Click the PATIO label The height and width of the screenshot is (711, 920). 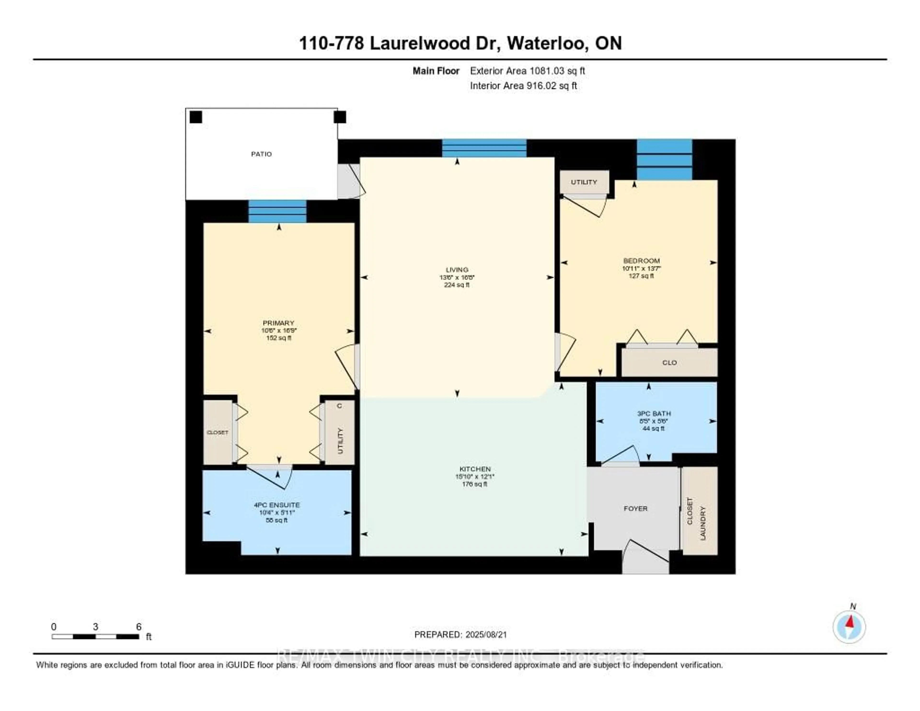pyautogui.click(x=261, y=154)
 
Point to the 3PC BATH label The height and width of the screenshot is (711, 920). pyautogui.click(x=654, y=414)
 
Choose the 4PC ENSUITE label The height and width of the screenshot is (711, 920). pyautogui.click(x=277, y=505)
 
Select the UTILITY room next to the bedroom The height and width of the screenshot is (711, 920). pyautogui.click(x=584, y=182)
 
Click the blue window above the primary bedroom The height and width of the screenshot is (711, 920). pyautogui.click(x=277, y=211)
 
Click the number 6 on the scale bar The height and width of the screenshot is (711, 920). pyautogui.click(x=138, y=627)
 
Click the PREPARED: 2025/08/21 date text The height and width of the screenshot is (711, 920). pyautogui.click(x=460, y=634)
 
